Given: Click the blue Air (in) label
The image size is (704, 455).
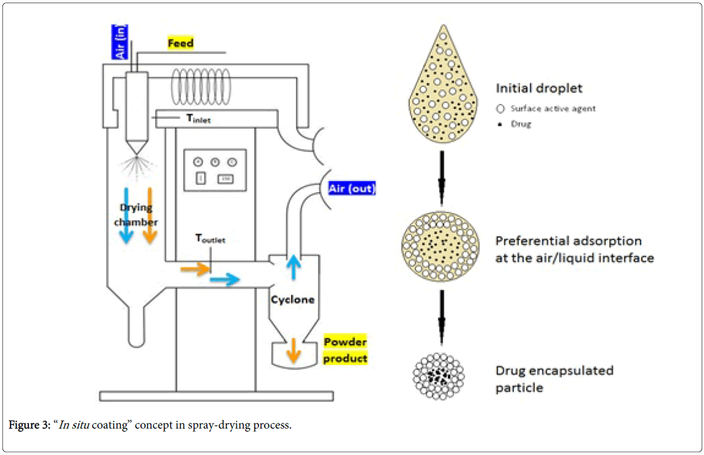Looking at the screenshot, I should (x=118, y=42).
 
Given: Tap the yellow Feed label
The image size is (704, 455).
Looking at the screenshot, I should (x=181, y=44).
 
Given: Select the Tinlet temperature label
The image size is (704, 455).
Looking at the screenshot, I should (x=195, y=119).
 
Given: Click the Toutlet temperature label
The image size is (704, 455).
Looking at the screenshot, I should (x=210, y=239).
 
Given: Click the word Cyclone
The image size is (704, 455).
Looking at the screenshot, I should (x=293, y=300).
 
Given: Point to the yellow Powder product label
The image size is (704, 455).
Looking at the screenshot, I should (x=345, y=350).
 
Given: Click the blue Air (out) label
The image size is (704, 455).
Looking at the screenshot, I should (x=352, y=188).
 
